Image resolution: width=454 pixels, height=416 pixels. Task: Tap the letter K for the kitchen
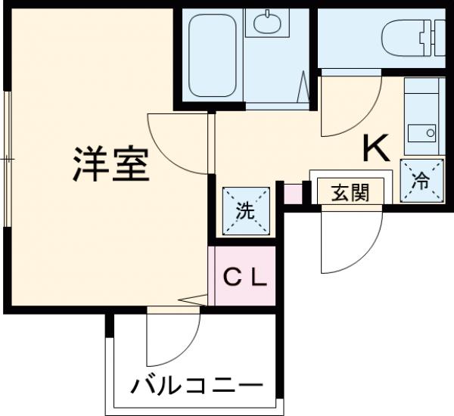pyautogui.click(x=376, y=148)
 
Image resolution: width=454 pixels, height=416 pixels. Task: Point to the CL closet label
pyautogui.click(x=244, y=278)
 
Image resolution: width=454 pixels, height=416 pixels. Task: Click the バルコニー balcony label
pyautogui.click(x=197, y=388)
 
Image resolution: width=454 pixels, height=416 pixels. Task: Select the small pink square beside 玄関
pyautogui.click(x=293, y=194)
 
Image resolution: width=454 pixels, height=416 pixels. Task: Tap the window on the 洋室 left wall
pyautogui.click(x=7, y=159)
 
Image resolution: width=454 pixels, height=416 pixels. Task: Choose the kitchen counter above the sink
pyautogui.click(x=421, y=98)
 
